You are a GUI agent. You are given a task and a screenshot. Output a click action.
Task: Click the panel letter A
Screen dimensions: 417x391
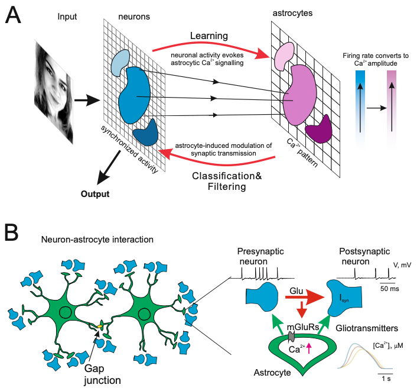[13, 15]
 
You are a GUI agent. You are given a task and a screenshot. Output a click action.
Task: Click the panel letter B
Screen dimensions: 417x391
[11, 232]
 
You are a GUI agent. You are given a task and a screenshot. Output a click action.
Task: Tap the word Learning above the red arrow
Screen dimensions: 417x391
[209, 36]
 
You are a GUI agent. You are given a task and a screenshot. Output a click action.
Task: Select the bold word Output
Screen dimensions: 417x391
[95, 194]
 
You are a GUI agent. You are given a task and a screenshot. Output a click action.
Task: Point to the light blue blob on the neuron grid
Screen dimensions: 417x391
[120, 63]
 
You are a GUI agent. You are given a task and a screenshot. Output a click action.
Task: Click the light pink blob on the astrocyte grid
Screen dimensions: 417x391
[284, 56]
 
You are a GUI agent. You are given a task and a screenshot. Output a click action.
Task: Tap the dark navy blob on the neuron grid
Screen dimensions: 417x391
[145, 133]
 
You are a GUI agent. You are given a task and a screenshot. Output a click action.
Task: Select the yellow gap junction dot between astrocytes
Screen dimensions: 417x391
[100, 326]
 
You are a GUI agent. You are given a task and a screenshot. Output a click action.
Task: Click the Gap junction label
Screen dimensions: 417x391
[102, 374]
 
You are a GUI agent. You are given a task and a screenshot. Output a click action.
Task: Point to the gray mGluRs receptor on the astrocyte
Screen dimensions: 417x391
[291, 337]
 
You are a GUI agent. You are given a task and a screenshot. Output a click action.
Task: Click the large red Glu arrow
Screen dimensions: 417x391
[305, 297]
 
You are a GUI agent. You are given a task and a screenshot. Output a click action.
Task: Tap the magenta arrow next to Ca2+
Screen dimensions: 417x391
[309, 348]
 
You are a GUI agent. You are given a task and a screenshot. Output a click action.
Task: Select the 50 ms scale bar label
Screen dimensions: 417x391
[390, 289]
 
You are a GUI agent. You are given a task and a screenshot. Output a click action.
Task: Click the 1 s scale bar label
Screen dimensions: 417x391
[386, 379]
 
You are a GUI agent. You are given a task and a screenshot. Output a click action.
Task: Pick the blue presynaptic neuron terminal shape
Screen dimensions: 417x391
[262, 297]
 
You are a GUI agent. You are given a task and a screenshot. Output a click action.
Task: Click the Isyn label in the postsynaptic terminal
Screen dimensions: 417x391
[344, 299]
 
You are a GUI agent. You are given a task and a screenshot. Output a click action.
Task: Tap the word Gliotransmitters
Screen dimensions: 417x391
[367, 328]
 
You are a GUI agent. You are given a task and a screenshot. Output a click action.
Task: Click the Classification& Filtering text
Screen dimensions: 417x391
[227, 181]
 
